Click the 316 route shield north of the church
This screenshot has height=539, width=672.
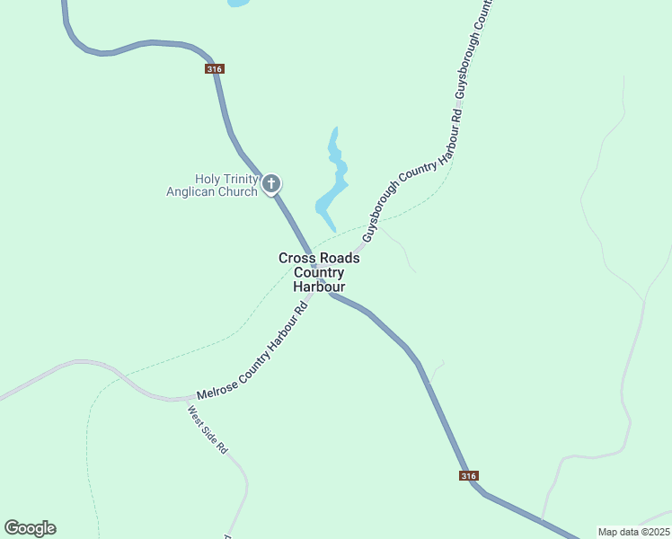coord(214,69)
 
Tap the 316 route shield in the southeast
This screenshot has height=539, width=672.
coord(467,475)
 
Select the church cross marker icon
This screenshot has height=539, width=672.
coord(271,185)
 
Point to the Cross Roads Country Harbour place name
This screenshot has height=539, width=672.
coord(319,272)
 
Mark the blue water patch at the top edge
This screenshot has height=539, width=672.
coord(238,3)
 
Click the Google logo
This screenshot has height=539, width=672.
coord(30,528)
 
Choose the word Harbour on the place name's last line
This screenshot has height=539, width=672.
coord(319,287)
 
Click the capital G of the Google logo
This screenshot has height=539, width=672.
coord(12,528)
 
